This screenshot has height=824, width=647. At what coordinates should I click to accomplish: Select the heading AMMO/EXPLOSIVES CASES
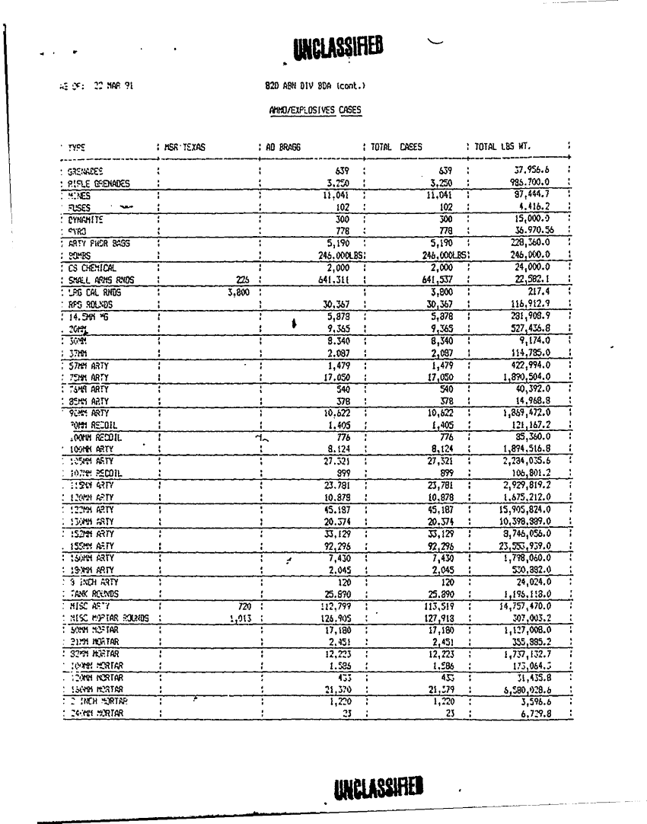(x=315, y=109)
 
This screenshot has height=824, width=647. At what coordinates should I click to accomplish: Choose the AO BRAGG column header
(x=281, y=146)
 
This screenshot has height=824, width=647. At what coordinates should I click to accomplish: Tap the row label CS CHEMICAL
(x=91, y=268)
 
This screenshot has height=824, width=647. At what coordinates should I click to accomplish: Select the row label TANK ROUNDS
(x=93, y=593)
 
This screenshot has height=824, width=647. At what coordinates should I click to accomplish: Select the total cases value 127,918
(x=438, y=618)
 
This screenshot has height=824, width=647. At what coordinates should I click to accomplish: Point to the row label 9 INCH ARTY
(x=89, y=581)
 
